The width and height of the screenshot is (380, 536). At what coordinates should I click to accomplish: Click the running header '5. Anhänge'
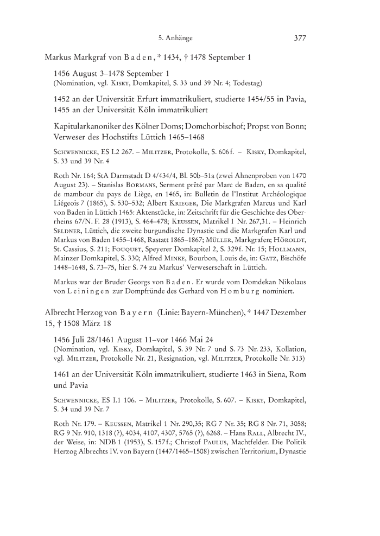[175, 38]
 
